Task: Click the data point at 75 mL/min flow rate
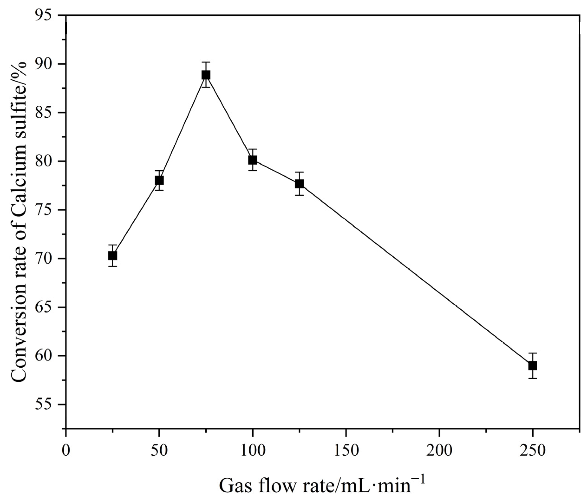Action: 206,75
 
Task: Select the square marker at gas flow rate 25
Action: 113,256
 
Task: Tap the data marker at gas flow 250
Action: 532,366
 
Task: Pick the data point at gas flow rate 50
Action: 159,180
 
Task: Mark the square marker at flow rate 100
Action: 252,160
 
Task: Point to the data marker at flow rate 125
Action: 299,184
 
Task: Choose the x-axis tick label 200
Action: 439,451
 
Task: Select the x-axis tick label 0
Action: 66,451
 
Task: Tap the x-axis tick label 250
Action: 532,451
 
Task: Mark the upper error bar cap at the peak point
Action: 206,62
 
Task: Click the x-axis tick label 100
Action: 252,451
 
